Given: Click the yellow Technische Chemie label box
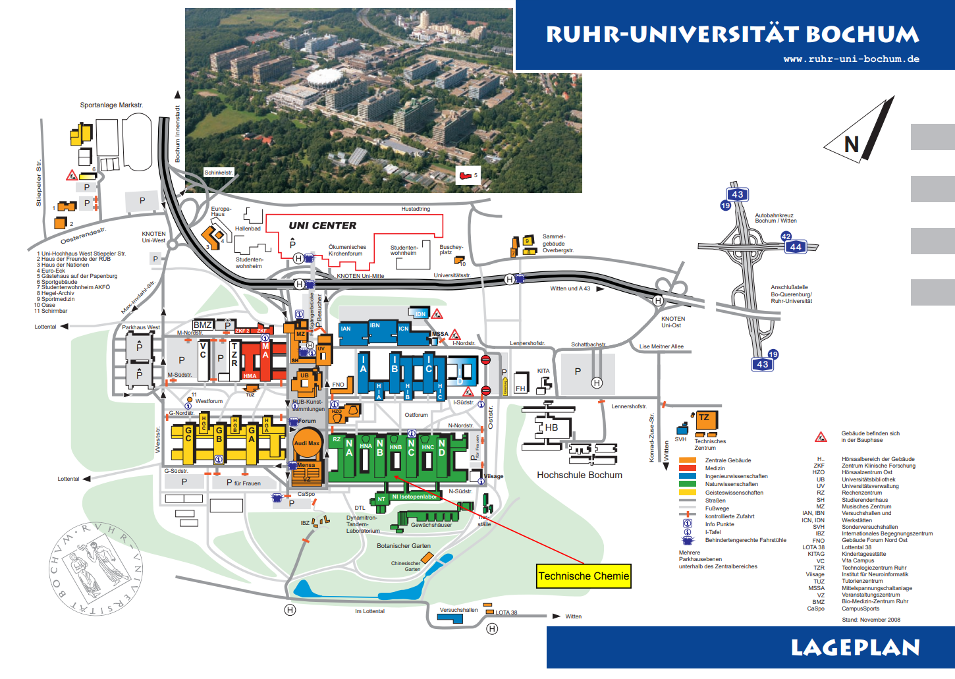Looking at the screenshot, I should pos(584,576).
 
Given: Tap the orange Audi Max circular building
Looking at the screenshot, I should pos(307,443).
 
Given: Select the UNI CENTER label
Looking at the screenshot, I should pos(322,226).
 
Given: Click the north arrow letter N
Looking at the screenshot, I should pos(852,144).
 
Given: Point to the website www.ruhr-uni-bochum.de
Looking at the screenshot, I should pos(851,59).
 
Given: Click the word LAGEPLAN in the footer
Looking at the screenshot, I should pos(855,648).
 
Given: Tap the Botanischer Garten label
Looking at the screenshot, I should pos(404,546).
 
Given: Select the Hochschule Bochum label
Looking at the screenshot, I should pos(579,475).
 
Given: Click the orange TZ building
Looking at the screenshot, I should pos(704,418).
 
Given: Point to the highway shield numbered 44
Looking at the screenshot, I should pos(796,247).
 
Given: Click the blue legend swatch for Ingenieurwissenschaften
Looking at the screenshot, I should pos(687,476).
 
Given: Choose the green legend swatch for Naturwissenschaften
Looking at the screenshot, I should pos(687,484).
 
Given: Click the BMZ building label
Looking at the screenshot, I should pos(203,325).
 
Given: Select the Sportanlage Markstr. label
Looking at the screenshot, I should pos(111,105).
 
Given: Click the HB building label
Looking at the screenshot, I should pos(551,427).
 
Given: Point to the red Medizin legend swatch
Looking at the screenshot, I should pos(687,468).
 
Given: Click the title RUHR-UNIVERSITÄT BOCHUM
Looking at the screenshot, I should pos(732,34).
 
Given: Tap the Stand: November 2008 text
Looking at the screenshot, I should pos(871,620).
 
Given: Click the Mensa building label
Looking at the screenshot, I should pos(306,465).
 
